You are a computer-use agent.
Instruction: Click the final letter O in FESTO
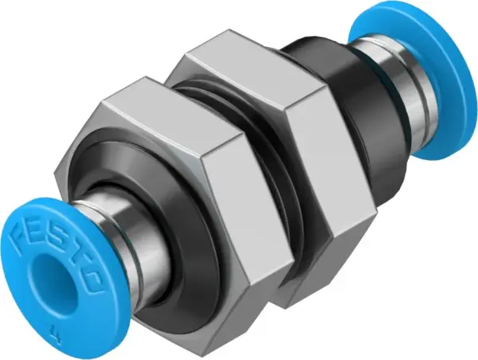pos(92,280)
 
